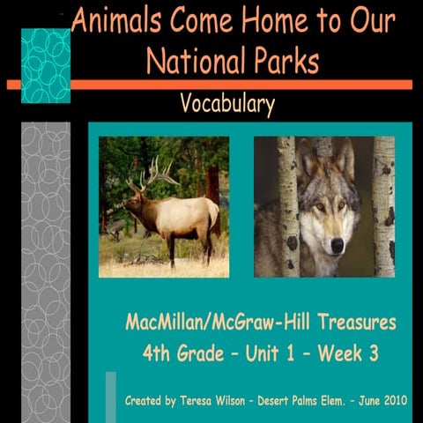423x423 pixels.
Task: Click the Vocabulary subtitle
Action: (226, 105)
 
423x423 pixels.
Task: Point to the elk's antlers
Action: (149, 173)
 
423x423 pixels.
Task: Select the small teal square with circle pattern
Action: (45, 64)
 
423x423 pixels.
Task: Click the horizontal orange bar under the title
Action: (211, 85)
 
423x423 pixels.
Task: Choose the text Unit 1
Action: (271, 353)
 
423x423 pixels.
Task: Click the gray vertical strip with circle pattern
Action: (45, 264)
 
